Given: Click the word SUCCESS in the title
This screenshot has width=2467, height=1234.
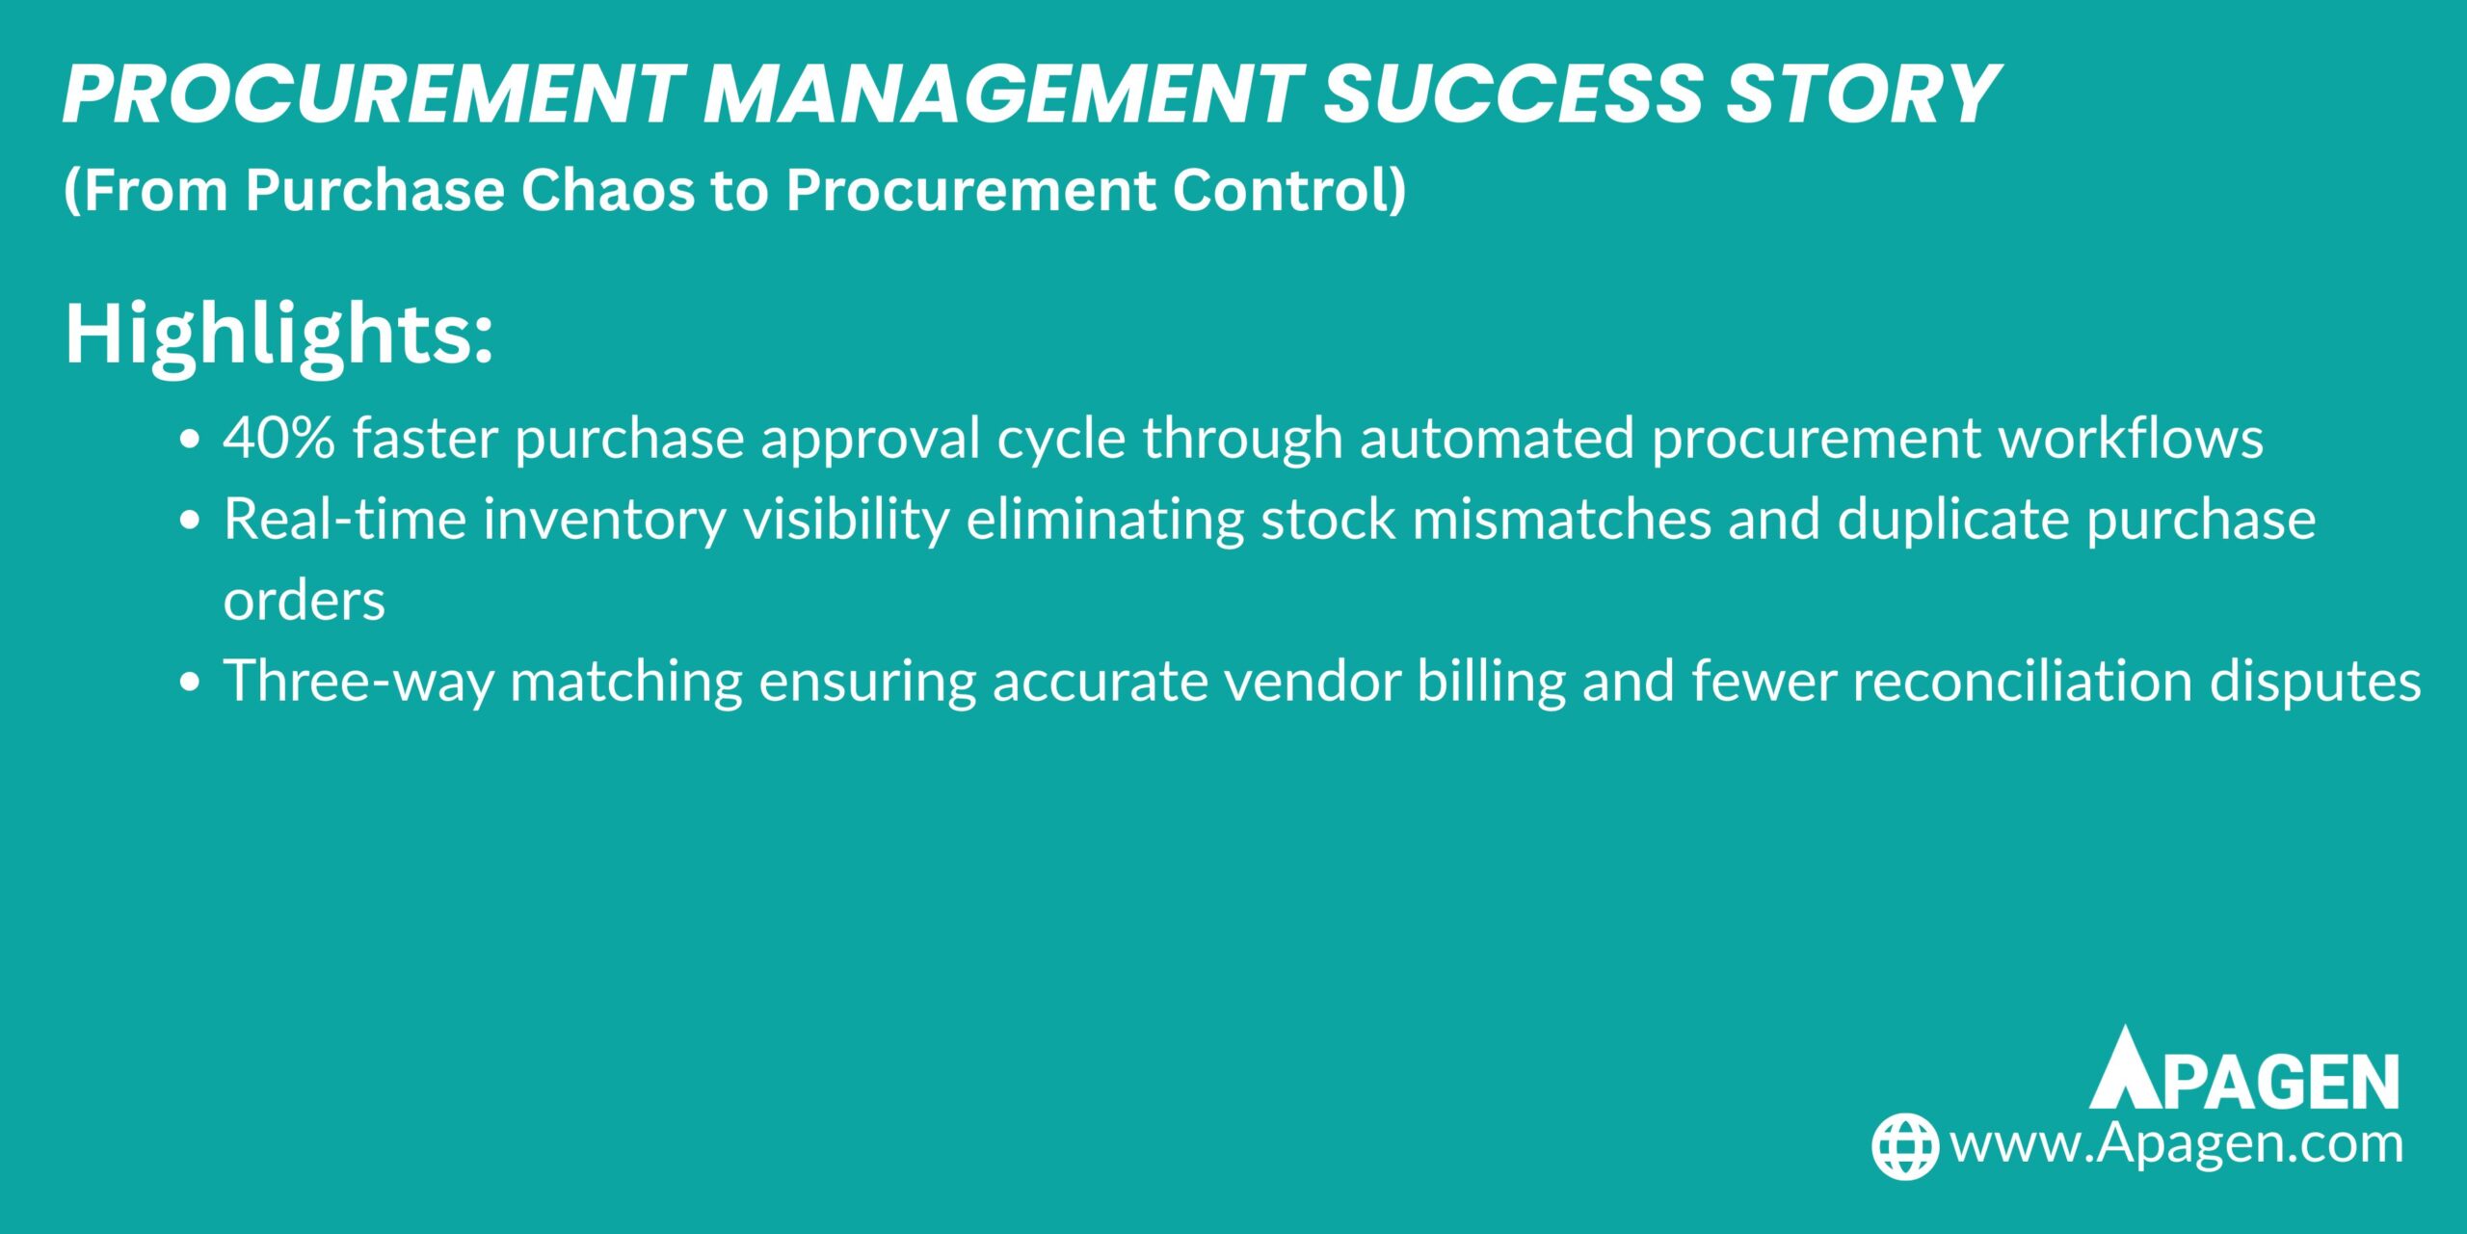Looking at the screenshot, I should (x=1513, y=94).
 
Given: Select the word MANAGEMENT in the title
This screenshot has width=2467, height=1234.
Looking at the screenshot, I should (x=1002, y=94).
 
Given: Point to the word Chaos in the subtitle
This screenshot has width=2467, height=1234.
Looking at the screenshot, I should (x=607, y=189).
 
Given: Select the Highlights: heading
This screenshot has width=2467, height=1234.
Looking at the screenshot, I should (x=279, y=334).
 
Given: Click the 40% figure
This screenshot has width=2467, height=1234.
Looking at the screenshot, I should (x=279, y=439).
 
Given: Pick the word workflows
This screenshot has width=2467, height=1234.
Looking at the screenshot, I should (x=2130, y=439).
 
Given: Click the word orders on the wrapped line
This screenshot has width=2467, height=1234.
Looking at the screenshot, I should (x=304, y=601).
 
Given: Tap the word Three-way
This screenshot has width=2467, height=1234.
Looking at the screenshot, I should (x=358, y=682).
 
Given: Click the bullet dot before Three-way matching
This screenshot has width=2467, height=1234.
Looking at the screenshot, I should (x=190, y=683).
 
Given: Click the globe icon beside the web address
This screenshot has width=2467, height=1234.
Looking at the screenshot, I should (x=1904, y=1146).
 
